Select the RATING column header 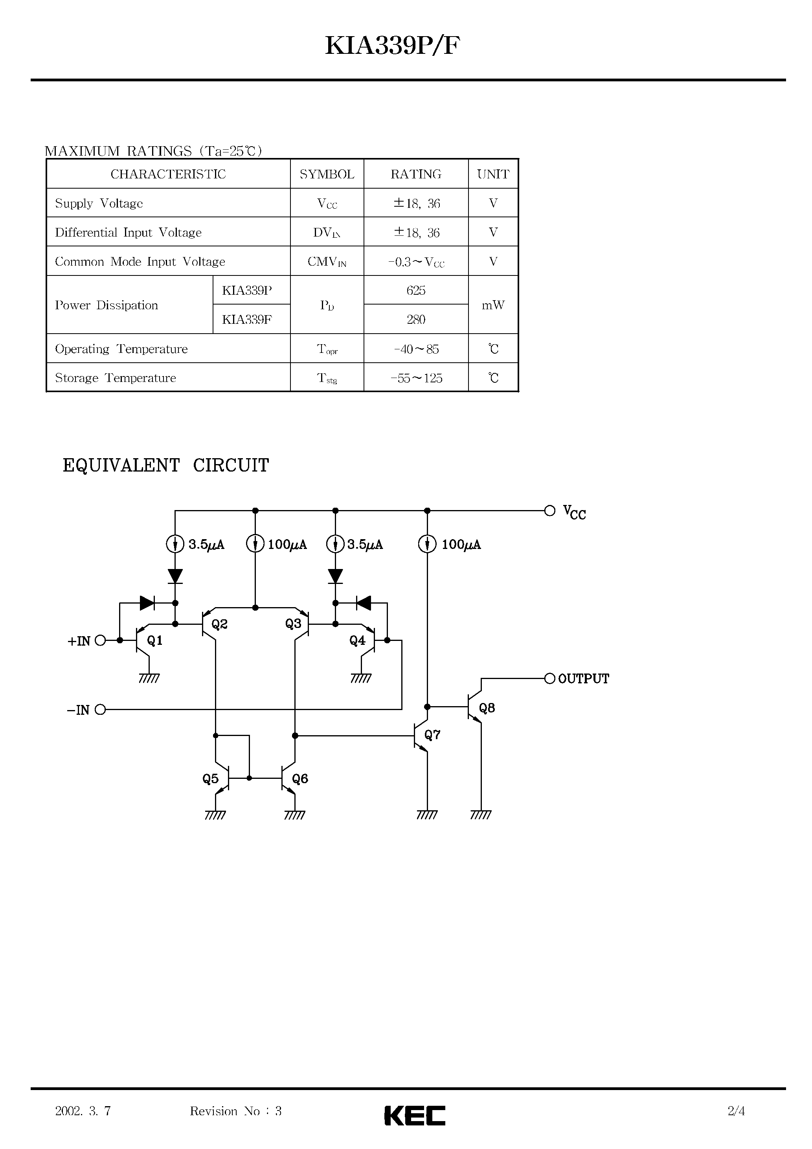(x=415, y=174)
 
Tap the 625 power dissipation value (x=415, y=290)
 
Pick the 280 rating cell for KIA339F (x=415, y=319)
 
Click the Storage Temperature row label (x=115, y=378)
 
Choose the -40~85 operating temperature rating (x=415, y=349)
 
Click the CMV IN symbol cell (x=326, y=262)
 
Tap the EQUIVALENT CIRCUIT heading (x=166, y=465)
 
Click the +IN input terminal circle (x=100, y=640)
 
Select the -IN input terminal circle (x=100, y=710)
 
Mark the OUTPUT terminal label (x=583, y=679)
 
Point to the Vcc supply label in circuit (x=574, y=512)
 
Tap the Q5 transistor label (x=210, y=779)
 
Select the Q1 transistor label (x=155, y=641)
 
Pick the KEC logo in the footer (x=415, y=1116)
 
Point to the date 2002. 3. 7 (x=83, y=1111)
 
